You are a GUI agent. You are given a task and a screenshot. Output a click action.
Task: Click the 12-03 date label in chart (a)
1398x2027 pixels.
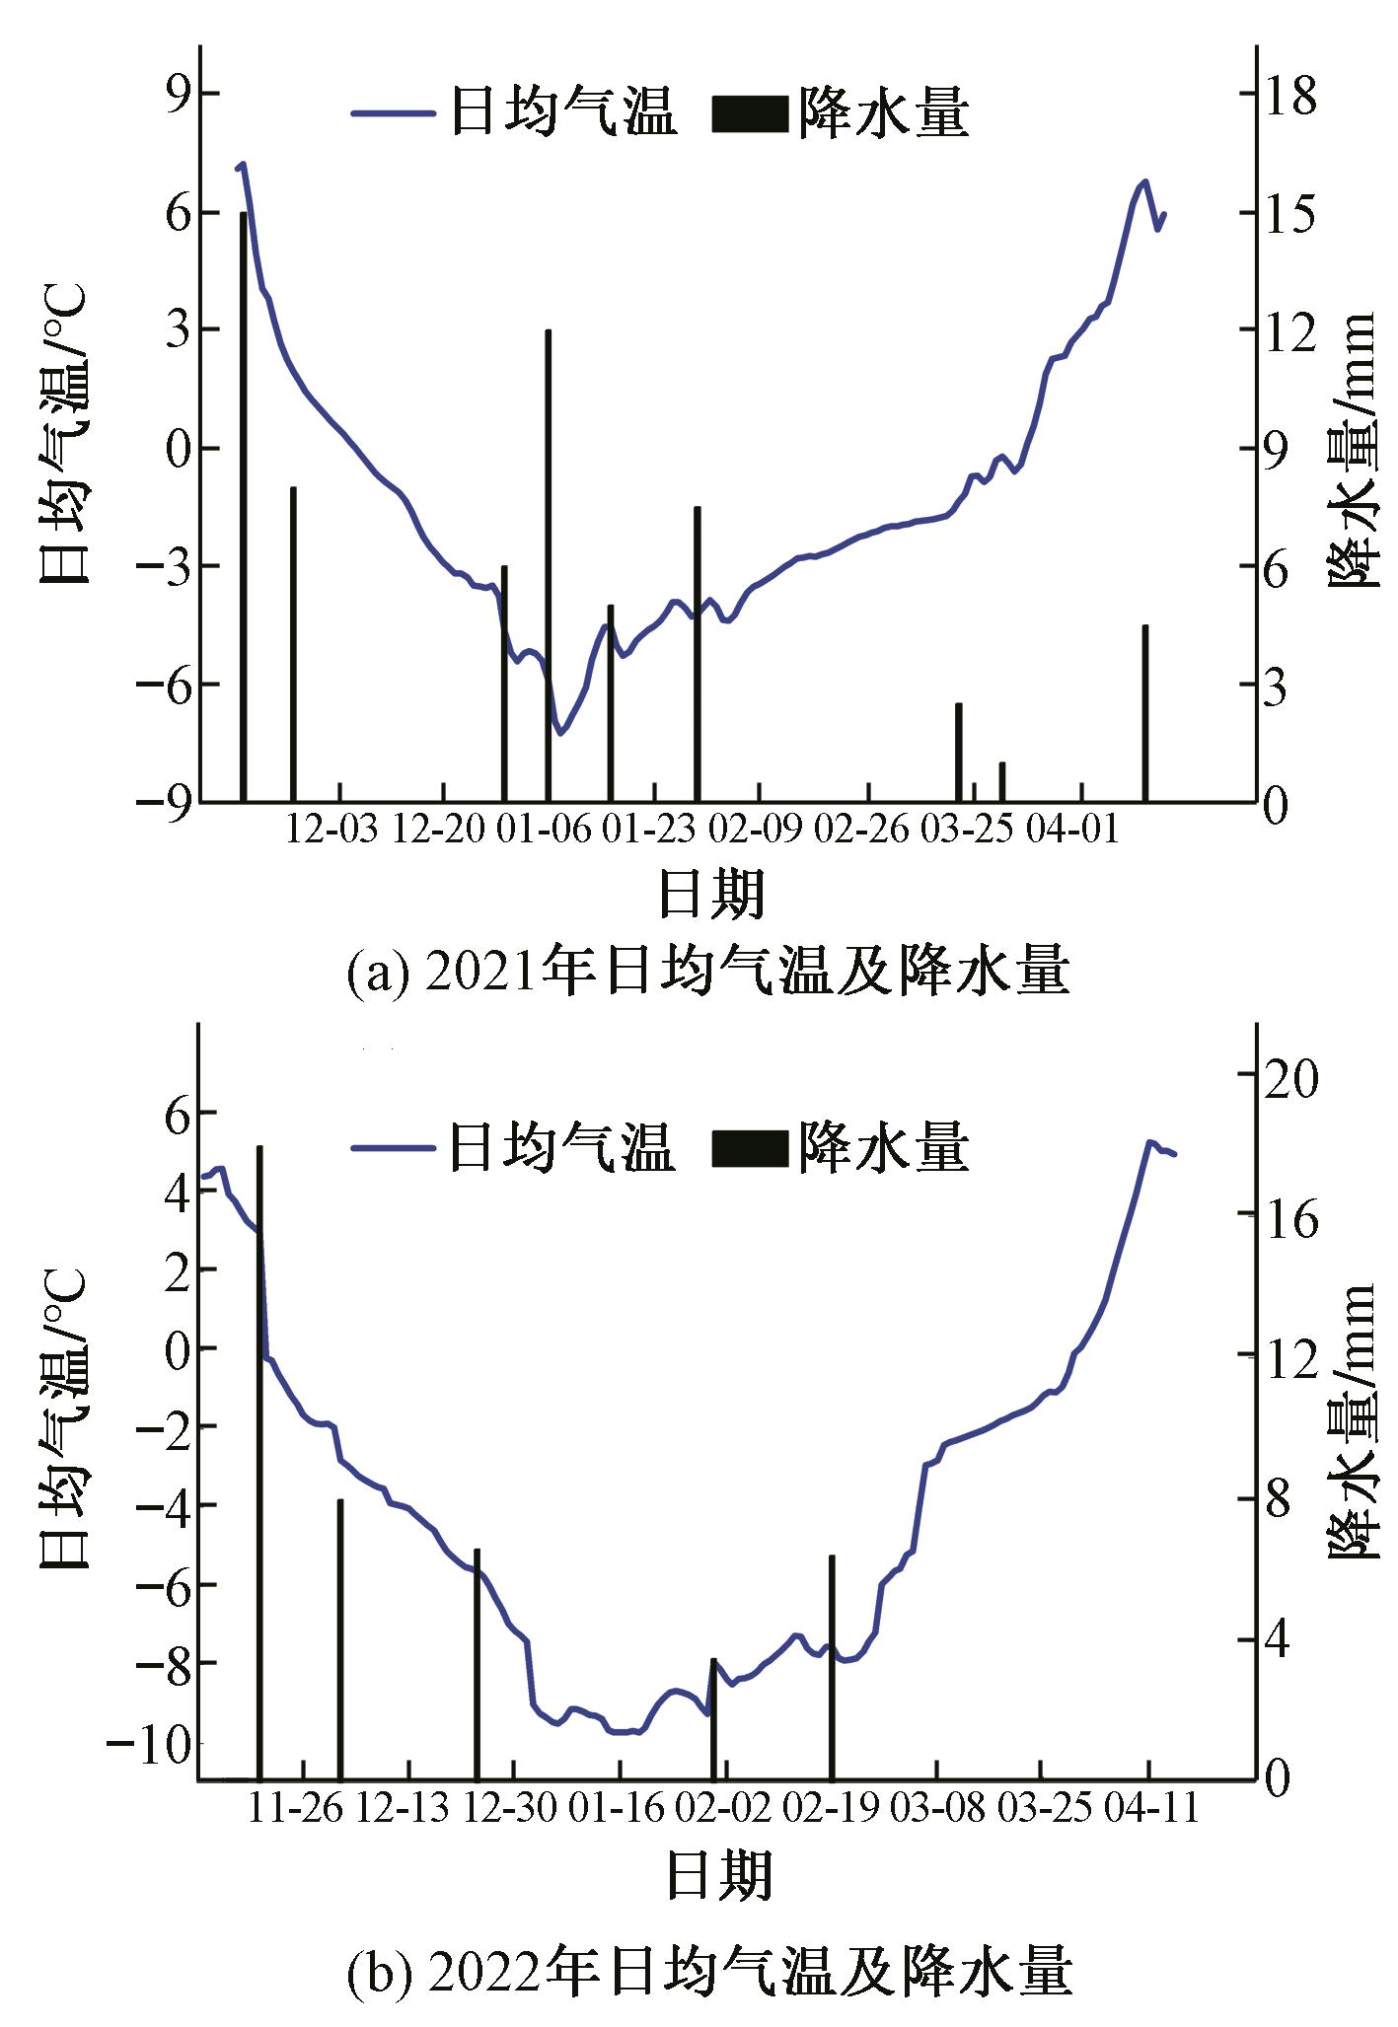coord(332,831)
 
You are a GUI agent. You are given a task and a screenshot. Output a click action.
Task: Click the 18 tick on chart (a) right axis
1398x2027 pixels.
coord(1290,96)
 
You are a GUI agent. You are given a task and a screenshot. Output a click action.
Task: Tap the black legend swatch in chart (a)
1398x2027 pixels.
coord(749,114)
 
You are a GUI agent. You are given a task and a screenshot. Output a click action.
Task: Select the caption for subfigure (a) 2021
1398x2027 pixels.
coord(707,972)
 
